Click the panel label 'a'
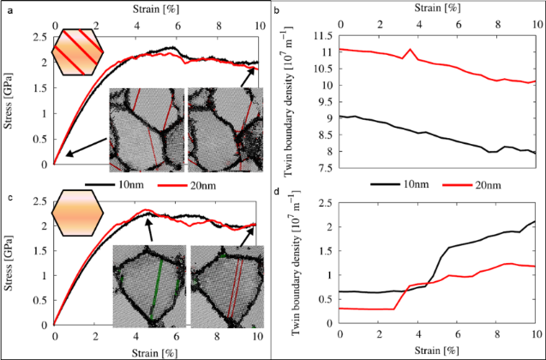[5, 5]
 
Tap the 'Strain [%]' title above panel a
[157, 7]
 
